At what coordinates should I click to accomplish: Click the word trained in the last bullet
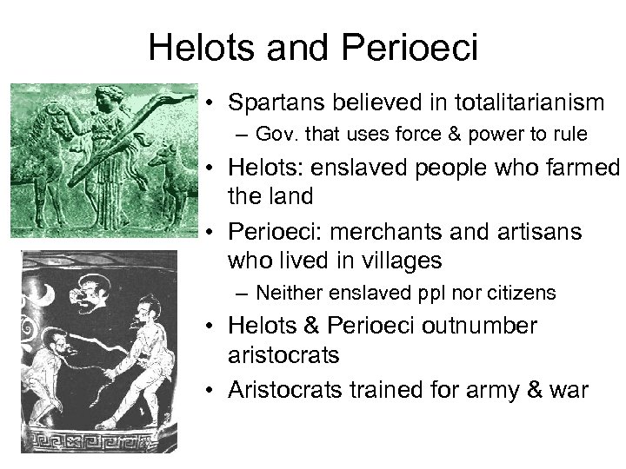[x=389, y=391]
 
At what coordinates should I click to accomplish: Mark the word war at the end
[x=568, y=391]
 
